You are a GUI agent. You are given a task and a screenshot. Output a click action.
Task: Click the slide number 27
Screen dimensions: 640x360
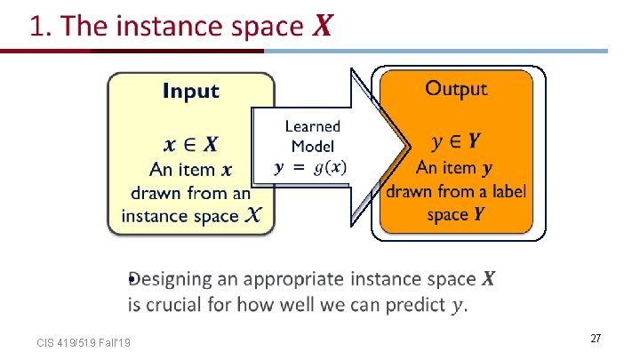596,339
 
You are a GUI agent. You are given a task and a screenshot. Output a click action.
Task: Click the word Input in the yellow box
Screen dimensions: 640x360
190,91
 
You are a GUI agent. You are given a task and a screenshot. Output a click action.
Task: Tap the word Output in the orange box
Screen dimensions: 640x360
456,88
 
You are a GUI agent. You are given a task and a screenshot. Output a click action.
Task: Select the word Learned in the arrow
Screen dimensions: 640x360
312,127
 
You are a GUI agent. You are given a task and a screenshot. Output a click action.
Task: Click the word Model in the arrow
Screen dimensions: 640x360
312,147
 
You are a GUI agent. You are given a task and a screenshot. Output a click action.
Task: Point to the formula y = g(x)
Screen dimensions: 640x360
312,167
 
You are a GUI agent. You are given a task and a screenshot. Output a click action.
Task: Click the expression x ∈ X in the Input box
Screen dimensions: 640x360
191,144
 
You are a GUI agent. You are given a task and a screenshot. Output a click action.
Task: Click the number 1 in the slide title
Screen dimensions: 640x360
38,26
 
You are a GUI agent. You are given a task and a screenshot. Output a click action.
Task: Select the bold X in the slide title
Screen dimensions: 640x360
322,27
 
